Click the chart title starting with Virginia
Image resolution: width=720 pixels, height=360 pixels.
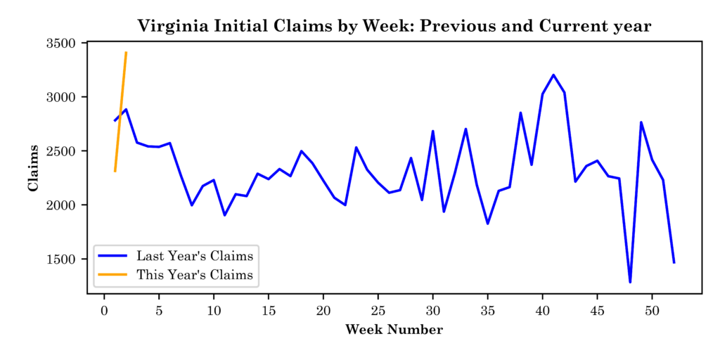(394, 27)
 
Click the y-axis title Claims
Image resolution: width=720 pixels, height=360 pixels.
(33, 167)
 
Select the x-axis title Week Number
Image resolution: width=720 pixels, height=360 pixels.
(394, 330)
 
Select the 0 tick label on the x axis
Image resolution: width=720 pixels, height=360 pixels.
(104, 310)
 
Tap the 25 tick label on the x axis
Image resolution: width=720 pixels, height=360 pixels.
(378, 310)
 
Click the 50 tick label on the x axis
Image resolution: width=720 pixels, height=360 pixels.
(652, 310)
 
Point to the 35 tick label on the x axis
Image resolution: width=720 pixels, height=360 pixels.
(488, 310)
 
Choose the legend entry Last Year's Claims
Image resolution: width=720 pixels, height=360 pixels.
(195, 255)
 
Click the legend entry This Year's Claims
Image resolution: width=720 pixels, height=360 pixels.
(195, 275)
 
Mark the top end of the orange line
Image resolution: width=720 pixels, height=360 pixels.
(126, 52)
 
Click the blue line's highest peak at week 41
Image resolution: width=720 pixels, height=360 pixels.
(553, 75)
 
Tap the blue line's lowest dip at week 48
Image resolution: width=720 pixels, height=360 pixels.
(630, 282)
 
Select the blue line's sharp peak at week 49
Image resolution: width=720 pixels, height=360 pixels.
(641, 122)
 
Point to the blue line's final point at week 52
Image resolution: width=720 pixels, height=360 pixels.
(674, 262)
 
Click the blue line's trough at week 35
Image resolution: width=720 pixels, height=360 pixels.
(488, 224)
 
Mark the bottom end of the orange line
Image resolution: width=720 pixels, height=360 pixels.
(115, 171)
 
